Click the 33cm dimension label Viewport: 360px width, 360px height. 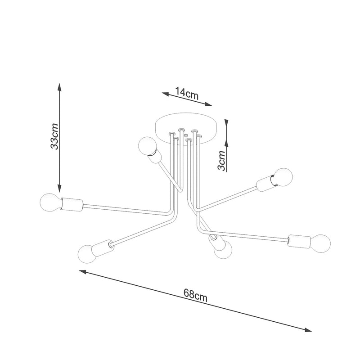point(54,136)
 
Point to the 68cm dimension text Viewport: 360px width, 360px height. point(195,295)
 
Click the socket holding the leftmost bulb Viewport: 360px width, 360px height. point(71,205)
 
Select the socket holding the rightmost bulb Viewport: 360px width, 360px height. point(298,241)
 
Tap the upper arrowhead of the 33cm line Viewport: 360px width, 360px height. point(58,87)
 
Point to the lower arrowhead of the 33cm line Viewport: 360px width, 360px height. point(58,189)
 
